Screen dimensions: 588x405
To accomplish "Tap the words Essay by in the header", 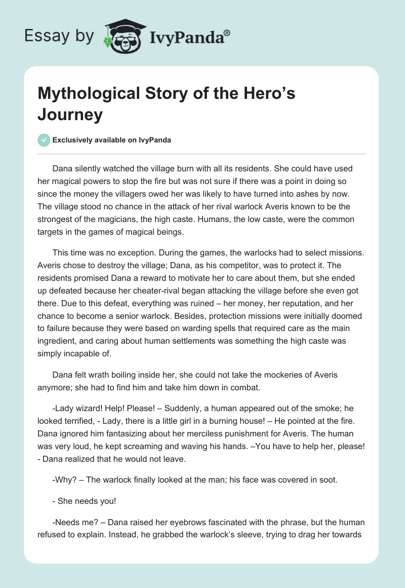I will [59, 35].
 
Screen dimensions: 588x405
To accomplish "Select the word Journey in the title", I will [70, 115].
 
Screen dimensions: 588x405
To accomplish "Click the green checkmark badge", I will [44, 140].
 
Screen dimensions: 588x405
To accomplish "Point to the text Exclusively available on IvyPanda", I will [111, 140].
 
